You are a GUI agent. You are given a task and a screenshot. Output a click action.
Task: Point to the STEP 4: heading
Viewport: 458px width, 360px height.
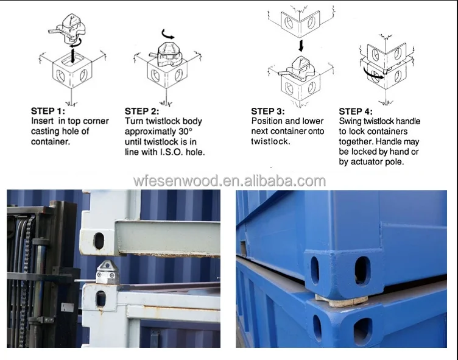(x=356, y=111)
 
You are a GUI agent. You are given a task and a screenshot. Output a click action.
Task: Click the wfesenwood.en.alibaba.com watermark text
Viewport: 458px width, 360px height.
(x=229, y=180)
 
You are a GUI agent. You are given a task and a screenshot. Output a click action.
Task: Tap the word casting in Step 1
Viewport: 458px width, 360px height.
(x=45, y=132)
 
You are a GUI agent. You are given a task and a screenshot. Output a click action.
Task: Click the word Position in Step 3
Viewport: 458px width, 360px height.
(x=267, y=121)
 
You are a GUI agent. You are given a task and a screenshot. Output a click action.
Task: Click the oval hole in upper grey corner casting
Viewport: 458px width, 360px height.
(x=98, y=240)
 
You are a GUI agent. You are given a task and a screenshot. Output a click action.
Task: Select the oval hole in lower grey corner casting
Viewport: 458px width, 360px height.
(x=100, y=298)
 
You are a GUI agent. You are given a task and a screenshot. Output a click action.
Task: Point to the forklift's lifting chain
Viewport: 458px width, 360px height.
(x=25, y=274)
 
